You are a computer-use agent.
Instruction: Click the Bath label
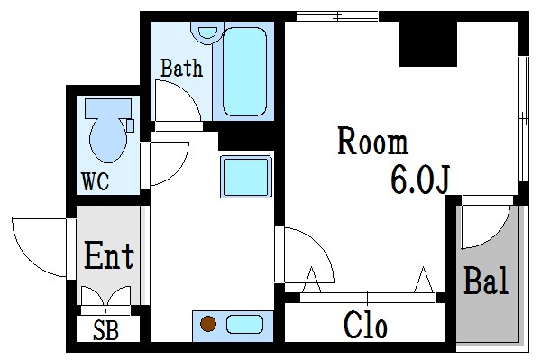[181, 68]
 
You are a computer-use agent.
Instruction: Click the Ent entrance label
[109, 256]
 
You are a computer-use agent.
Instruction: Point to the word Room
[372, 143]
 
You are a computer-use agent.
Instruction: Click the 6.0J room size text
[419, 180]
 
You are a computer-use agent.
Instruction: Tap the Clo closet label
[365, 324]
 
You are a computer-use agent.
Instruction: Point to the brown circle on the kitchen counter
[208, 324]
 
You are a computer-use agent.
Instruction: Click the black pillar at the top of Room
[428, 42]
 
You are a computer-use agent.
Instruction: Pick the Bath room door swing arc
[176, 99]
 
